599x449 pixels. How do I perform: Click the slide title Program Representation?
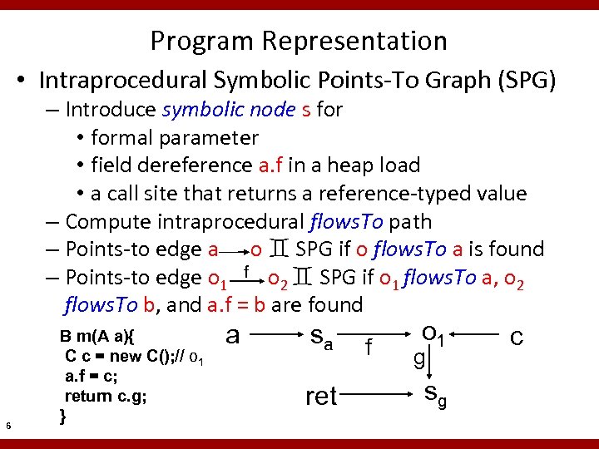(x=299, y=40)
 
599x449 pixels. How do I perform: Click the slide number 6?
(x=7, y=427)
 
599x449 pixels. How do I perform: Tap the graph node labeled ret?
(x=321, y=397)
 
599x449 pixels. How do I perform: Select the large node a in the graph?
(x=234, y=335)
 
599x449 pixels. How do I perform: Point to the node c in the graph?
(x=517, y=337)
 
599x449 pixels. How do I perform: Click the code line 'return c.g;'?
(x=106, y=396)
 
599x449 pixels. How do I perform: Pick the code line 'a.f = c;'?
(x=91, y=376)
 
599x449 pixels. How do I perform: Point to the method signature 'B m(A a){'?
(x=99, y=337)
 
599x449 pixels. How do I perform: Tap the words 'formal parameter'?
(x=175, y=137)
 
